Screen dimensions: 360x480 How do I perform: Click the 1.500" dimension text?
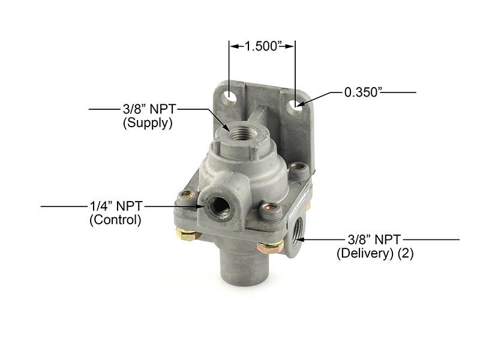[261, 46]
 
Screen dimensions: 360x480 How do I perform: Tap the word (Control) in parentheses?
[115, 220]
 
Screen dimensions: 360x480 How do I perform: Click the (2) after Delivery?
[406, 254]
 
